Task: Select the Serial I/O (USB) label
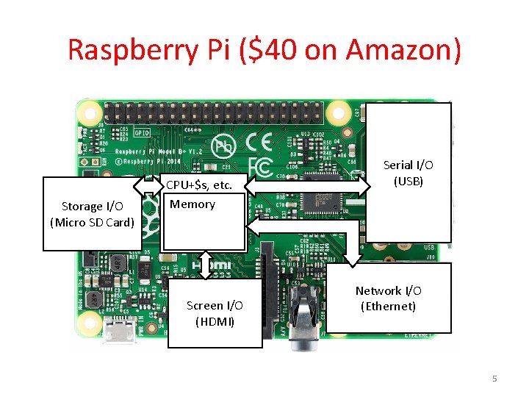[x=409, y=173]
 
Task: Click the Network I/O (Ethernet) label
[x=388, y=298]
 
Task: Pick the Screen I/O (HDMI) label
[x=215, y=313]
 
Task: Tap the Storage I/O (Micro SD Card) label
[x=92, y=214]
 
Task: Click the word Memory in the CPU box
[x=192, y=204]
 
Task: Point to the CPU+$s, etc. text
[x=199, y=185]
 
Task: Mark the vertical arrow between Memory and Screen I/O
[x=206, y=265]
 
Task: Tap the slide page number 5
[x=494, y=379]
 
